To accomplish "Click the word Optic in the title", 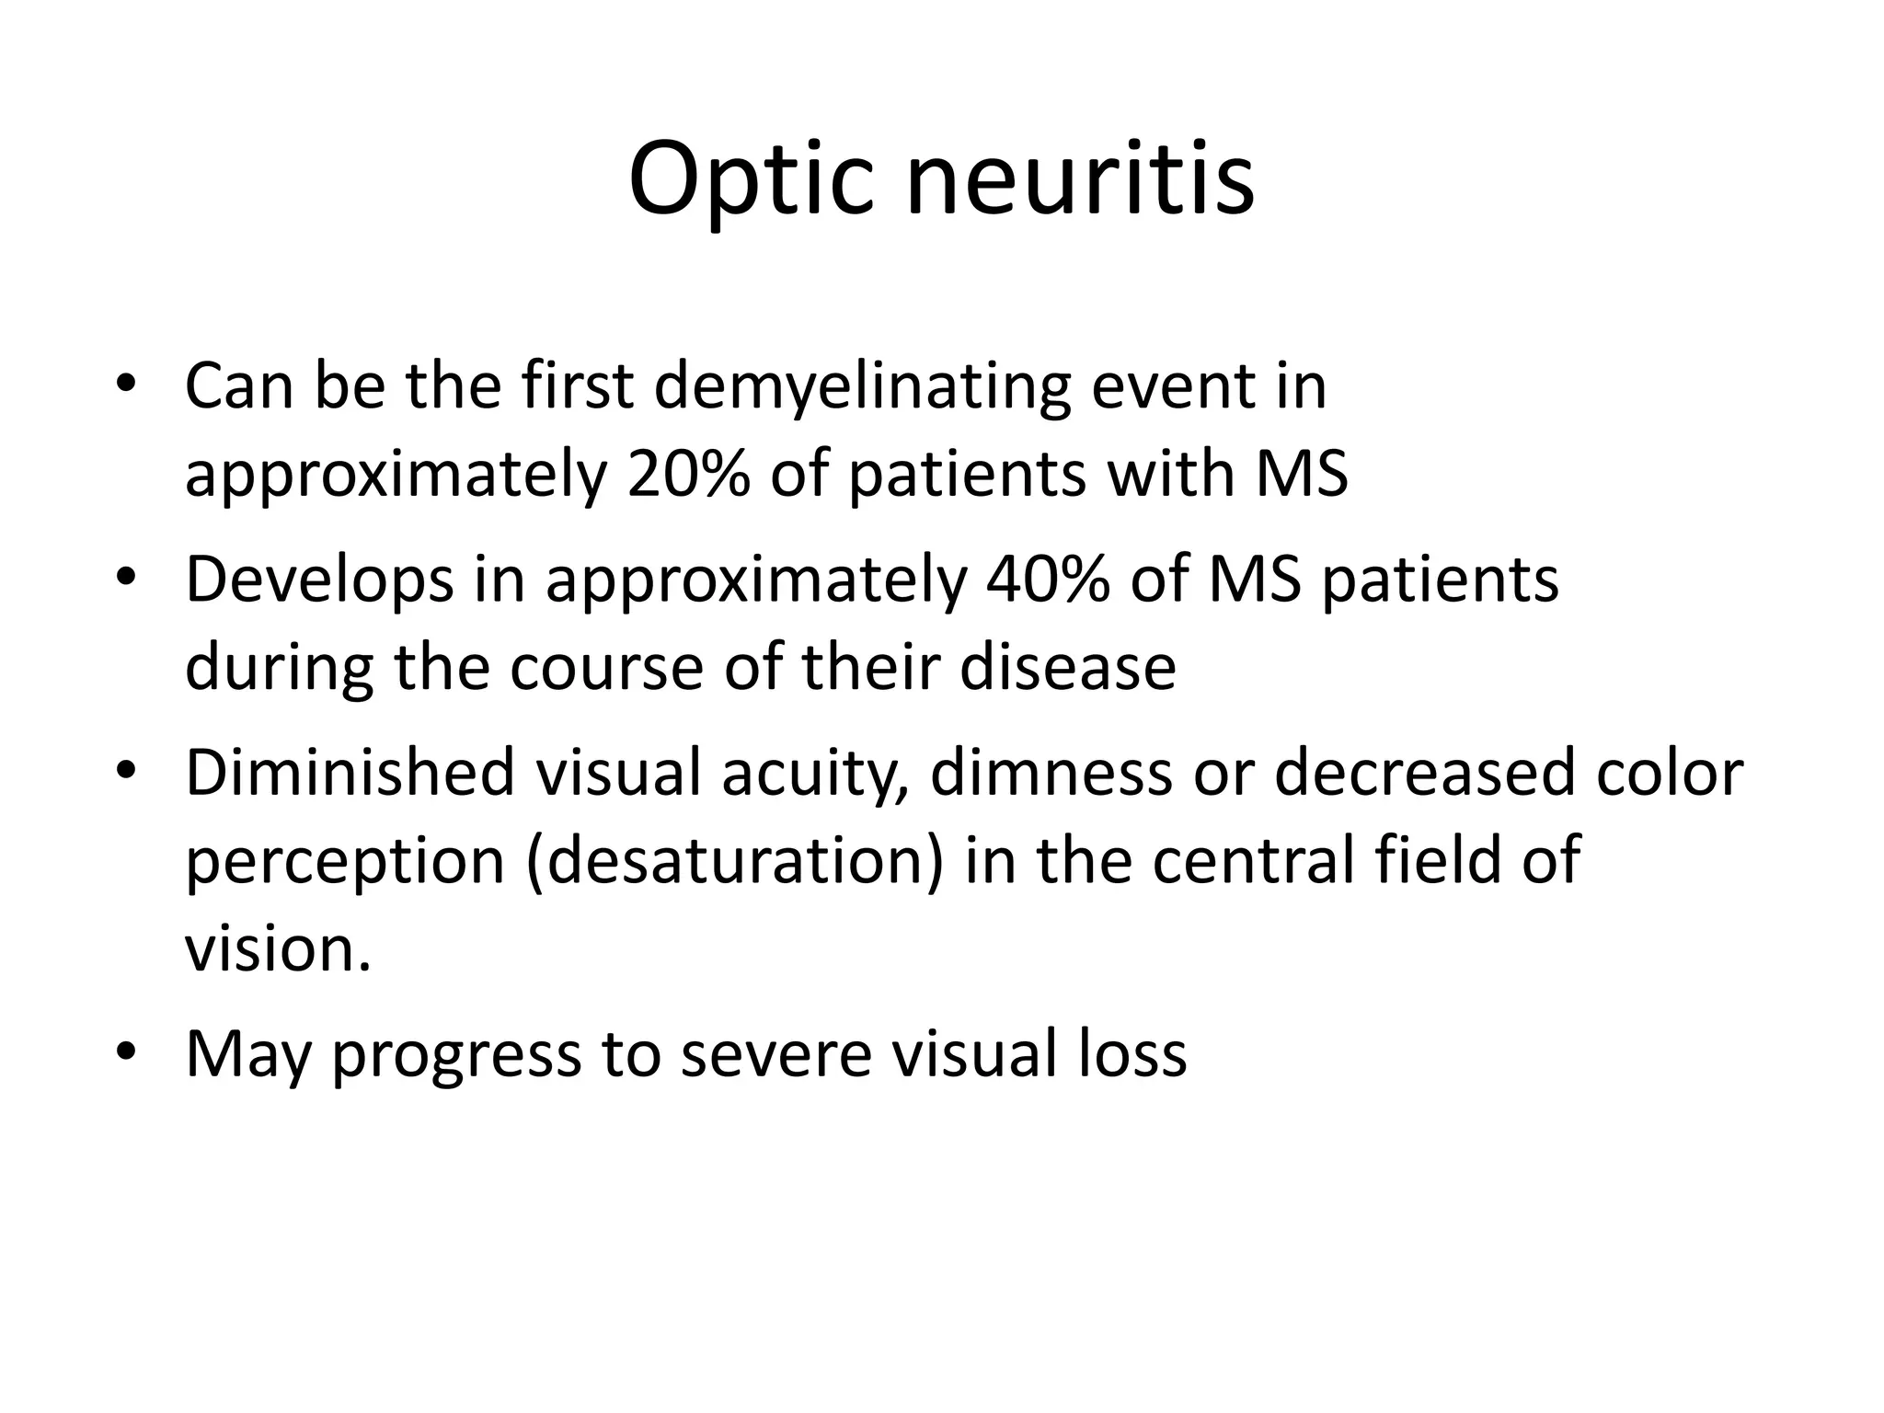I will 750,179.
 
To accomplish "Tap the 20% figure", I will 688,474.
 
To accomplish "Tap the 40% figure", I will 1047,580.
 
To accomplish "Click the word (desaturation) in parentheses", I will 734,861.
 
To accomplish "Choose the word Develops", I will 319,581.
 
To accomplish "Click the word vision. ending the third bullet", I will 278,948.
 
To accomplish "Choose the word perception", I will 345,863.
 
